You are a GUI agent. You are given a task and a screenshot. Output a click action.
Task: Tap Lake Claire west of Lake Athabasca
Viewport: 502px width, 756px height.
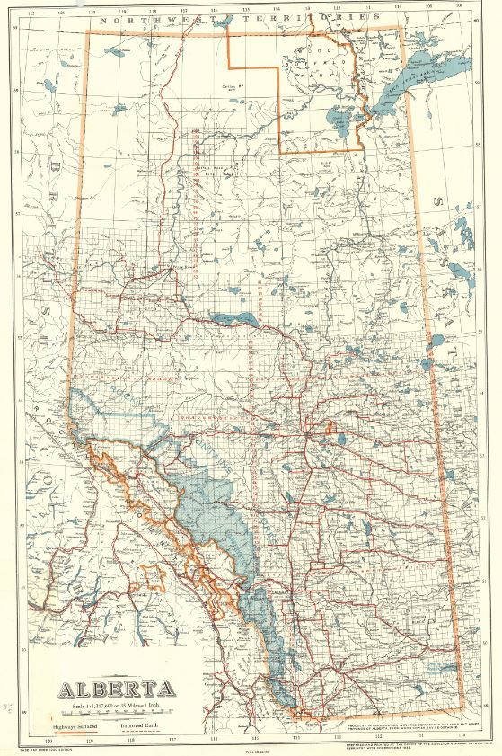pos(339,117)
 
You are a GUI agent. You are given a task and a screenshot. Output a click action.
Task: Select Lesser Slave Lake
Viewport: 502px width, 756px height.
pos(234,318)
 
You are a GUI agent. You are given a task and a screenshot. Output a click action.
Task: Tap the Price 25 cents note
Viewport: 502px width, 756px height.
pos(251,748)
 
